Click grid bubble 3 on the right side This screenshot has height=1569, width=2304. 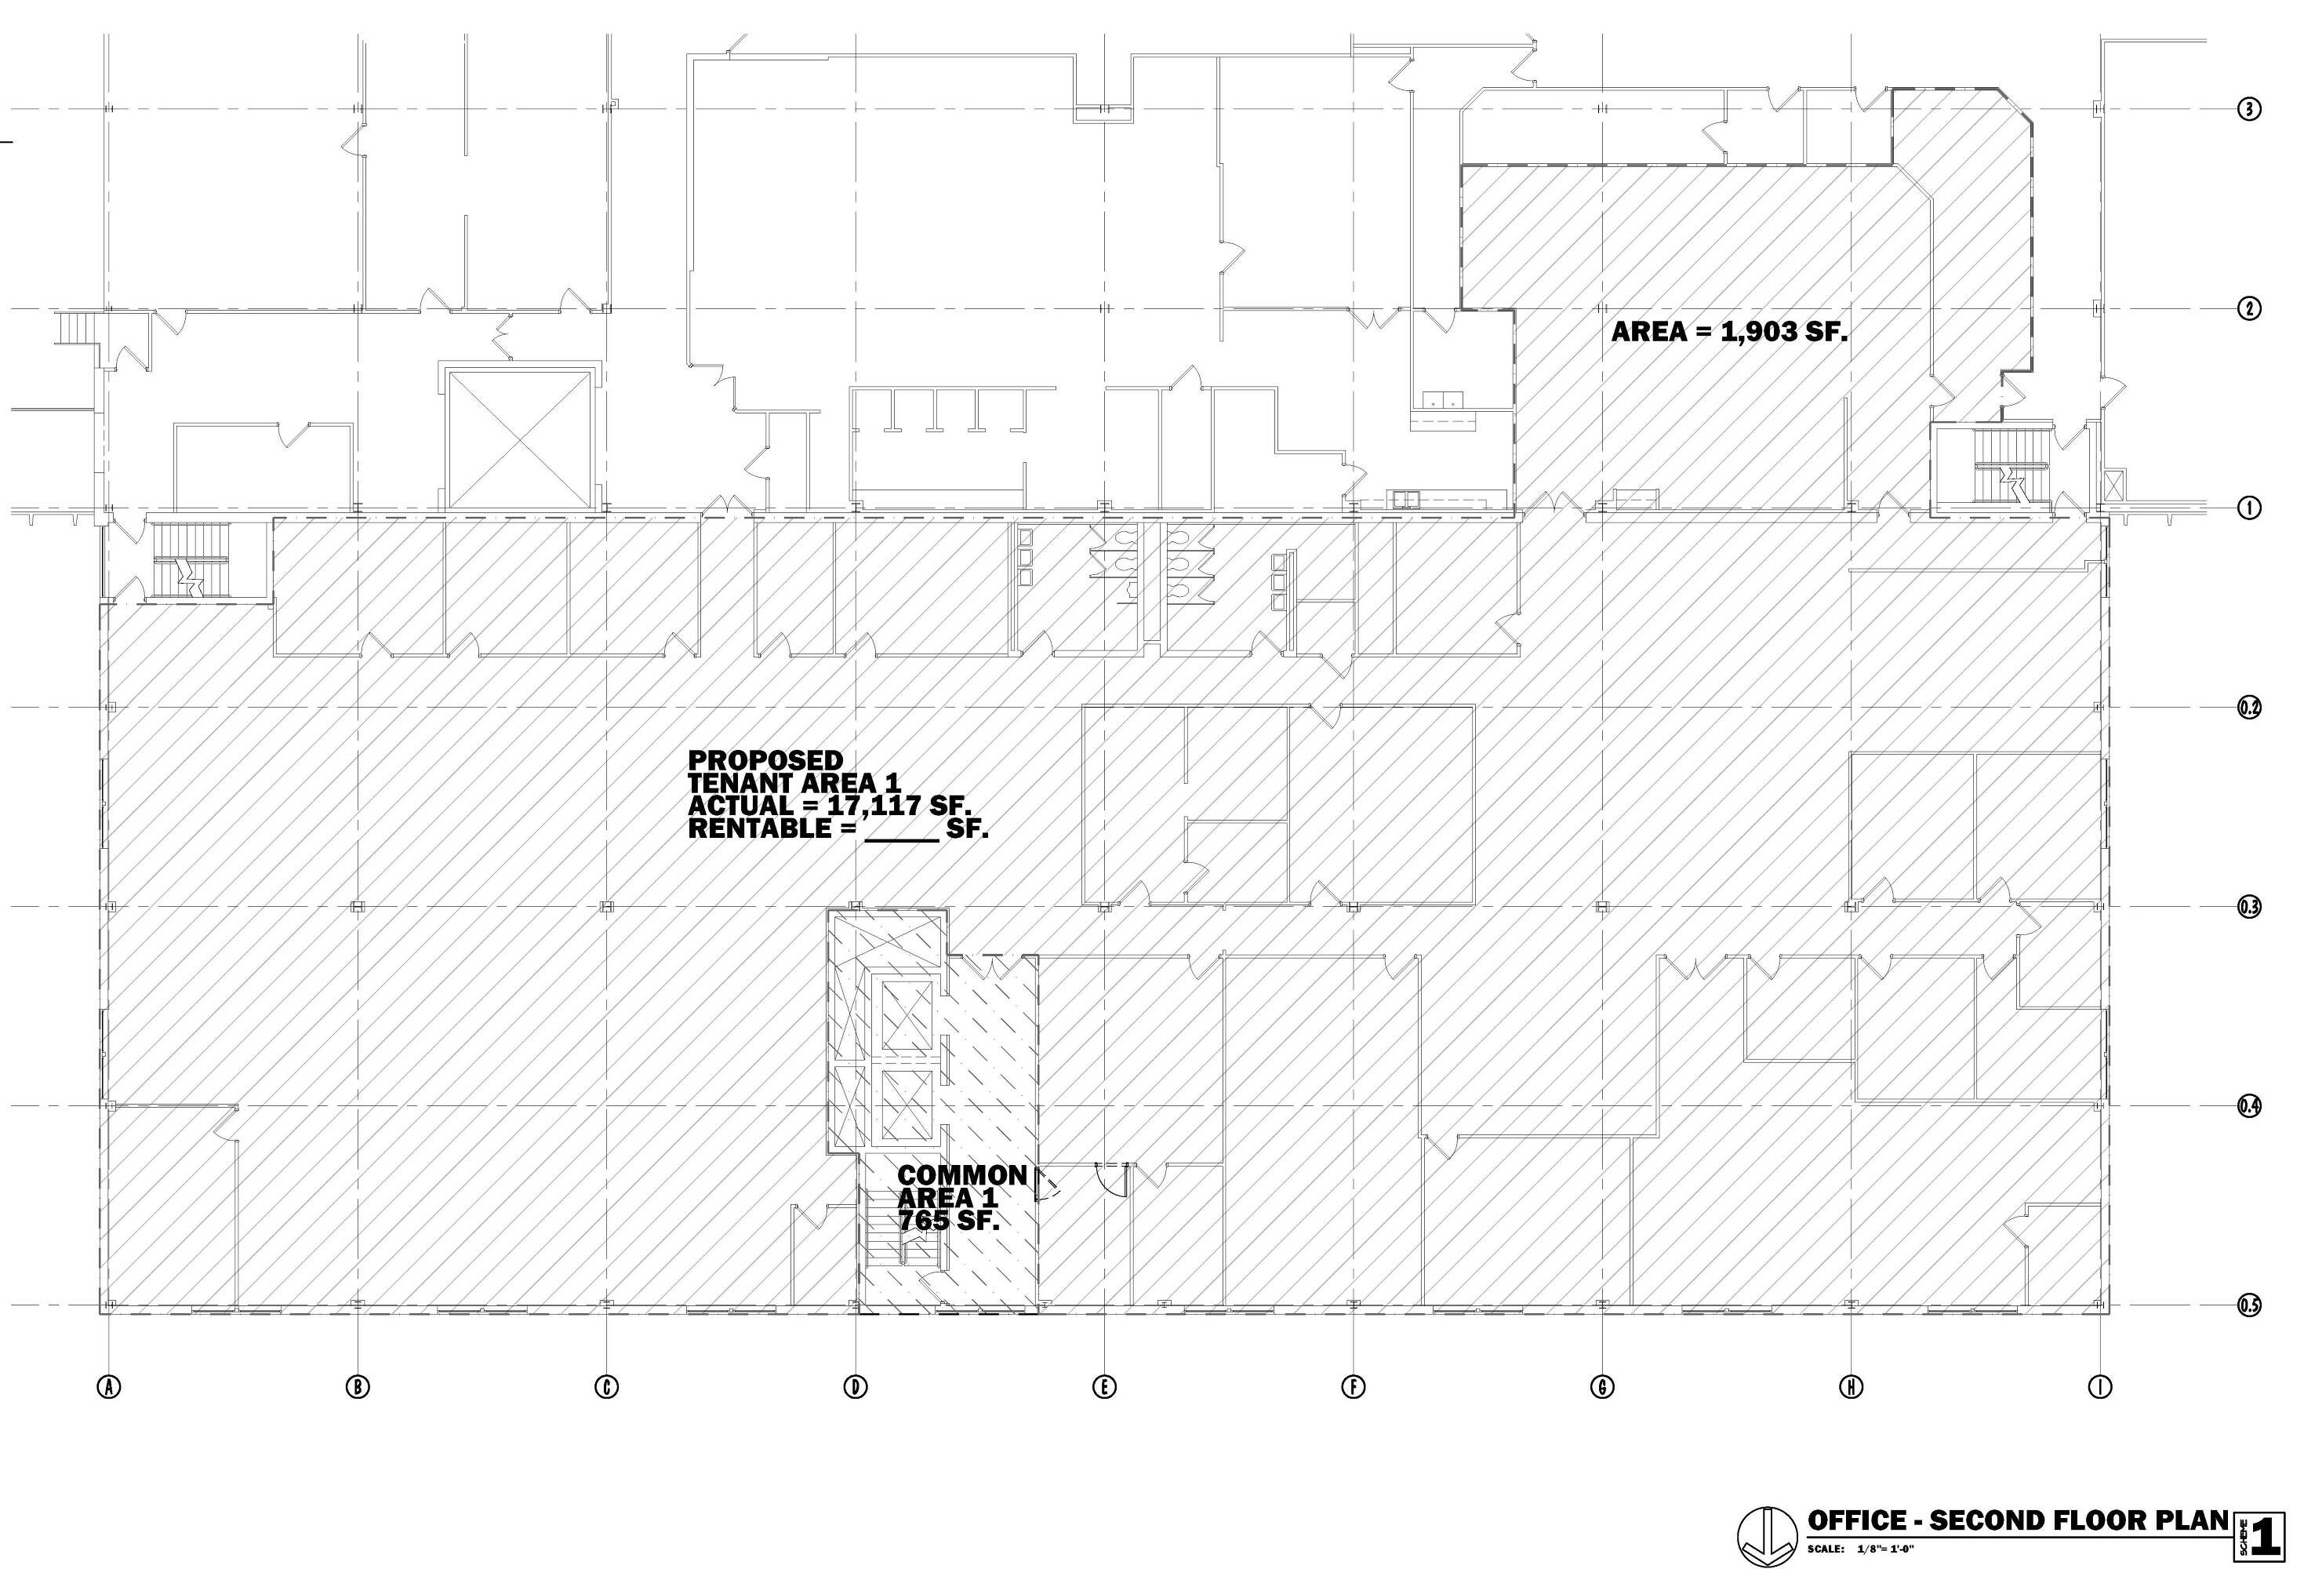2249,109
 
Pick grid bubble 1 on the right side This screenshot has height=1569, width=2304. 2249,508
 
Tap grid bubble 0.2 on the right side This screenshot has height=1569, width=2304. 2249,708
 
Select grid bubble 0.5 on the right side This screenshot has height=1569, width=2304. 2249,1305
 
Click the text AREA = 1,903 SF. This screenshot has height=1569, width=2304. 1729,331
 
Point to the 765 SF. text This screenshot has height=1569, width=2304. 949,1220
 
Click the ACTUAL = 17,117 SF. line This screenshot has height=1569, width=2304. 829,806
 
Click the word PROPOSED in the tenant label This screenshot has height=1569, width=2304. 765,759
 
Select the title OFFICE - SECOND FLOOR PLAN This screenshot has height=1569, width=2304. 2019,1520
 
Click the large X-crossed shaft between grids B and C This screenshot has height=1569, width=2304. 521,438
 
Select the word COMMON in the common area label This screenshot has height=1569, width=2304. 961,1175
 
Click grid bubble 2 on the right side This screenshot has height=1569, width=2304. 2249,308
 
